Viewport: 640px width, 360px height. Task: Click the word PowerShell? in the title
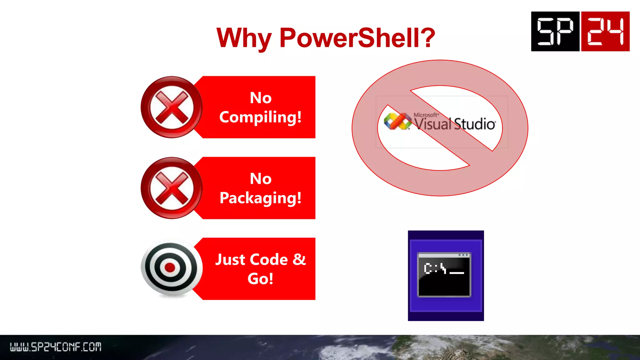(x=357, y=38)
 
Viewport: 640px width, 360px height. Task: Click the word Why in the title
(x=244, y=38)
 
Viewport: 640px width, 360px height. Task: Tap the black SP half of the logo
(x=555, y=31)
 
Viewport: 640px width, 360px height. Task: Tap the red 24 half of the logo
(x=605, y=31)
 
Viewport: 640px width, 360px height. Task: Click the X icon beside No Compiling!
(x=172, y=107)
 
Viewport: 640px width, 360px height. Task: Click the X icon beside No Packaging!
(x=172, y=188)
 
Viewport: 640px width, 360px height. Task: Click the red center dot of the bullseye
(x=170, y=267)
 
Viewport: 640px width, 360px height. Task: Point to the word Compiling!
(x=260, y=117)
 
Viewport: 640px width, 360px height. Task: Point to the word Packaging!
(x=260, y=198)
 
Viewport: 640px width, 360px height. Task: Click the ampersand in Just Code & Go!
(x=299, y=259)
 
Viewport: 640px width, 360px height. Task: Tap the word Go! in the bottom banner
(x=260, y=278)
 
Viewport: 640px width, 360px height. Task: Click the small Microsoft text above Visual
(x=426, y=115)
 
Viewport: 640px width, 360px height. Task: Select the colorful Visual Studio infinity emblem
(x=397, y=121)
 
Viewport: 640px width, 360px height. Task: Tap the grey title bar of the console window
(x=444, y=255)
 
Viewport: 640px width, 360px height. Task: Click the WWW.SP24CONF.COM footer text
(x=56, y=347)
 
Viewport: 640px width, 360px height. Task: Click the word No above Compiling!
(x=261, y=98)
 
